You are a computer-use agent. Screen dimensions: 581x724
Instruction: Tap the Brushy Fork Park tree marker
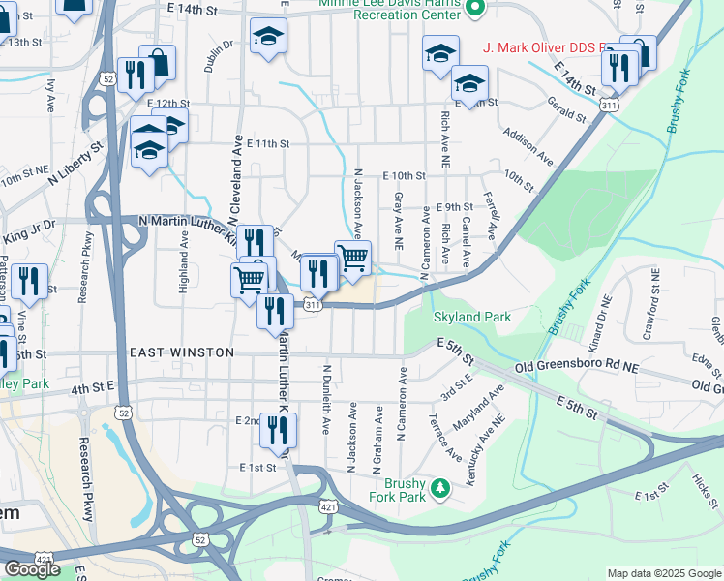point(440,486)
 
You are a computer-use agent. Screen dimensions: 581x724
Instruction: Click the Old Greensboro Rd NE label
point(577,368)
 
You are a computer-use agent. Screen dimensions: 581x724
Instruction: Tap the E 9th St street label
point(454,207)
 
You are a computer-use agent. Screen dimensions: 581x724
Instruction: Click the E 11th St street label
point(268,143)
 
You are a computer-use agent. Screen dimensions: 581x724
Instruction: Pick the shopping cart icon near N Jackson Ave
point(352,258)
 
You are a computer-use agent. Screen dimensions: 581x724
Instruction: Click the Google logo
point(32,569)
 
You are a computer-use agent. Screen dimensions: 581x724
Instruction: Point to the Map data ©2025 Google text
point(663,573)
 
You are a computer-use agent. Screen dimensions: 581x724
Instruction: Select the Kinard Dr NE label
point(599,323)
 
